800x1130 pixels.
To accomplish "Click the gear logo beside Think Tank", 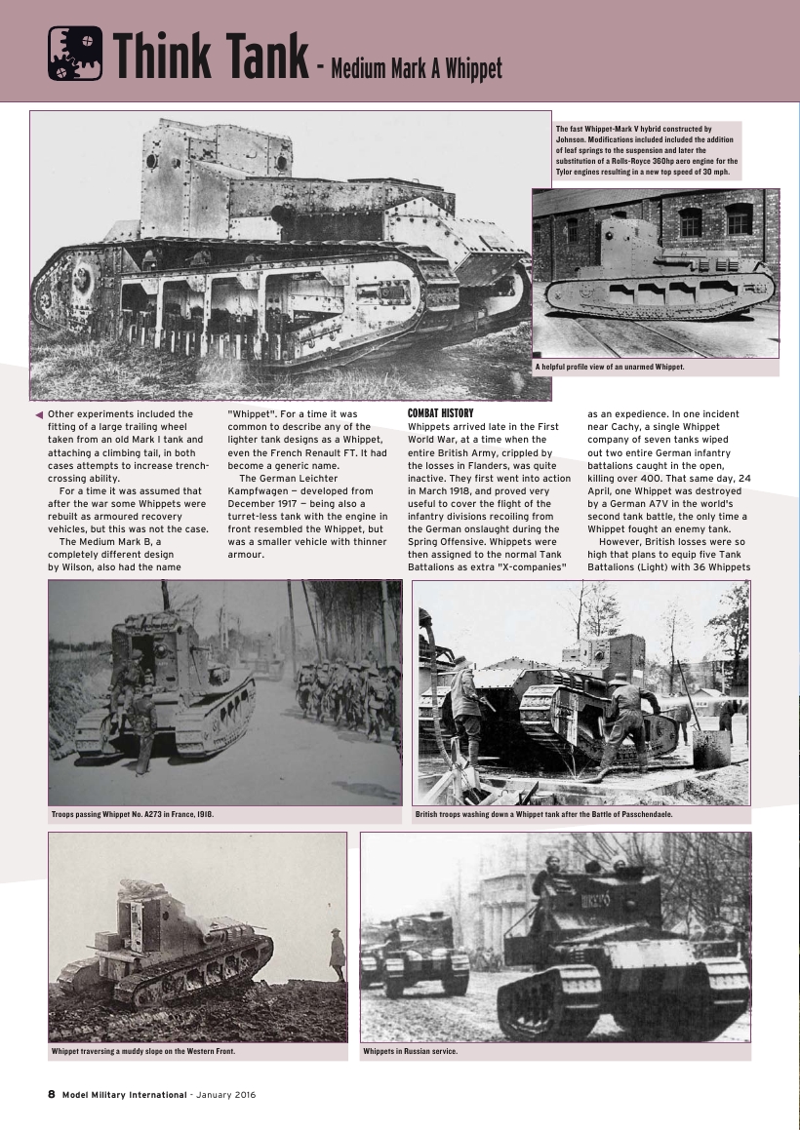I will (x=75, y=54).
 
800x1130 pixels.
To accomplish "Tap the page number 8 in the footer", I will (x=52, y=1094).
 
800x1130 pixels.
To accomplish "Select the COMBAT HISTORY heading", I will (x=440, y=413).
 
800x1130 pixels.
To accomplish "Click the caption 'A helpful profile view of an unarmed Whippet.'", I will (x=610, y=368).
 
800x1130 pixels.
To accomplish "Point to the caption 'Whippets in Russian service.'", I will (x=410, y=1052).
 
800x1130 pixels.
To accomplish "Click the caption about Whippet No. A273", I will (x=132, y=813).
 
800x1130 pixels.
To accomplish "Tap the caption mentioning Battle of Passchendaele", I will (x=543, y=813).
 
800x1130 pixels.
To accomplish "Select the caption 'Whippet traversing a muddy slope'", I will (x=143, y=1052).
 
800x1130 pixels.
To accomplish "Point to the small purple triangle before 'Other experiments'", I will (x=39, y=415).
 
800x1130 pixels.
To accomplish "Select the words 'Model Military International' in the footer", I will (x=124, y=1094).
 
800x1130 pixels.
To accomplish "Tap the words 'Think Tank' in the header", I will (x=210, y=56).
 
